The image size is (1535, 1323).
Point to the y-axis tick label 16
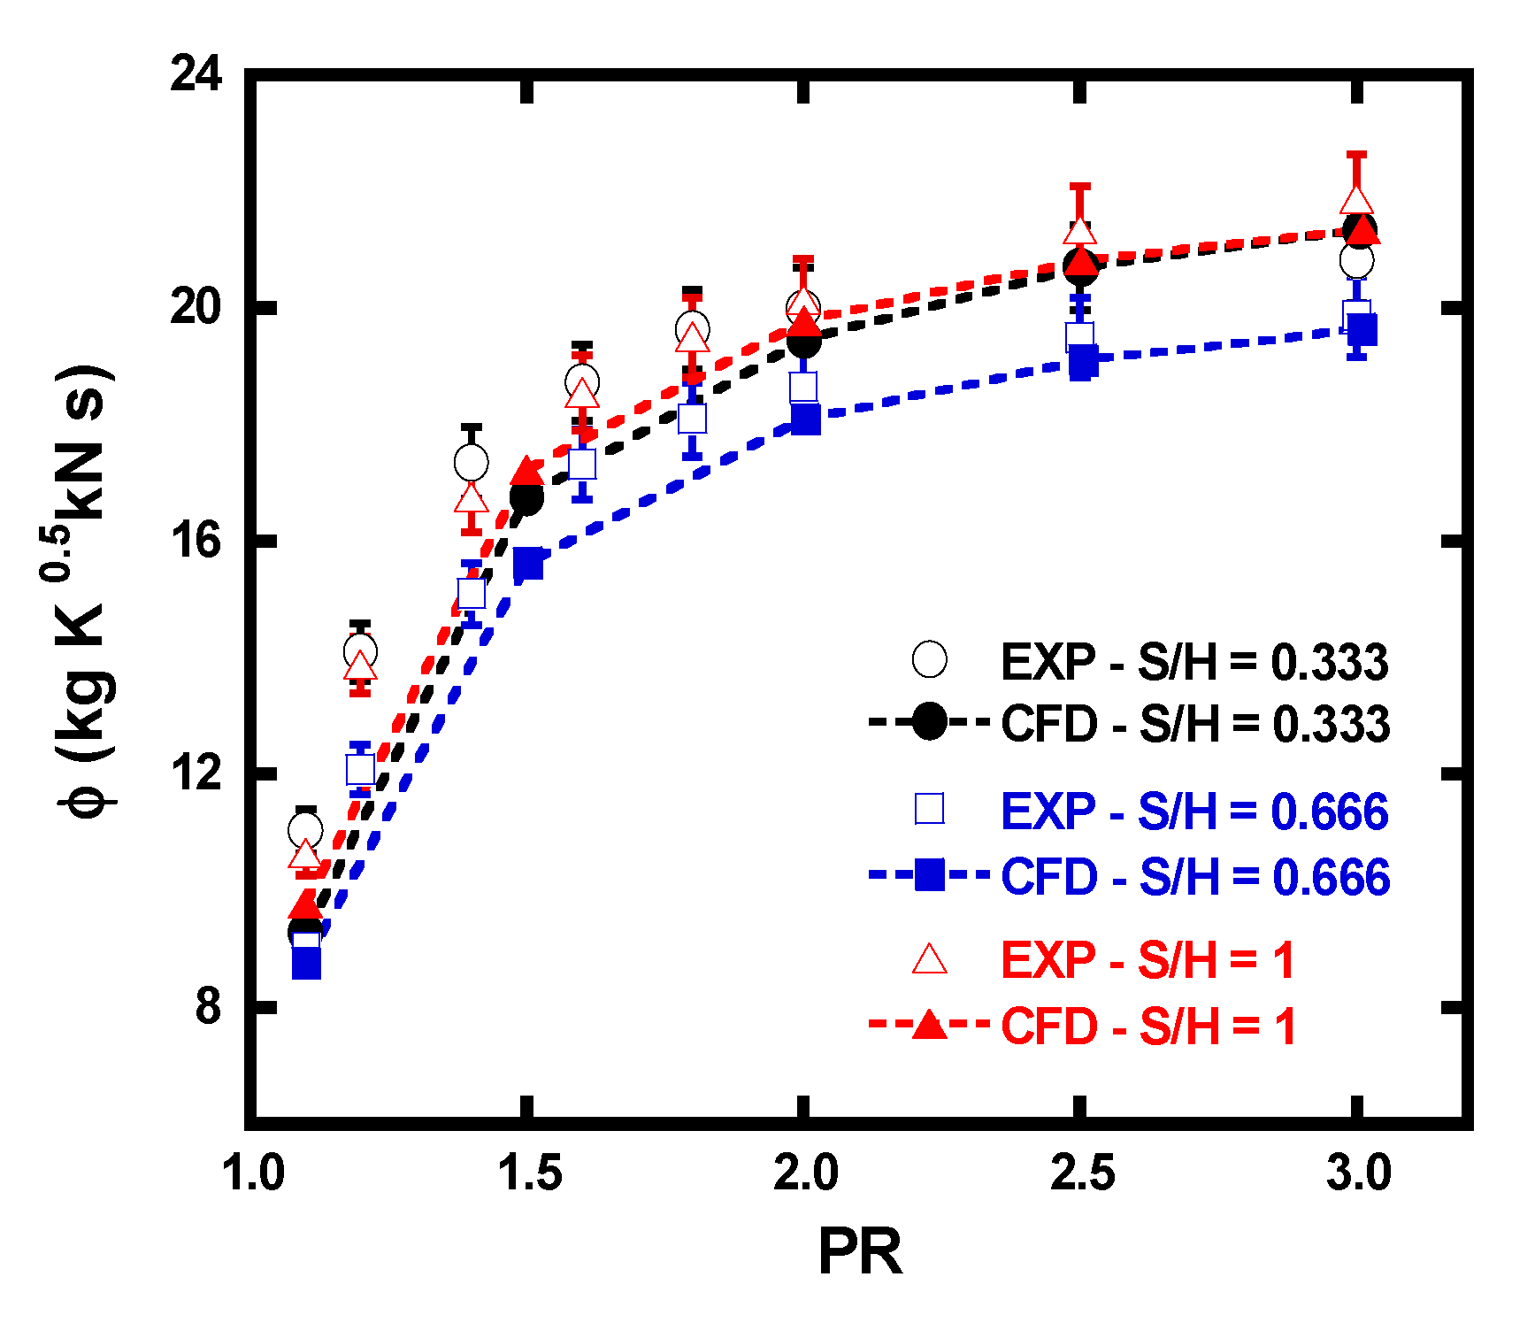(x=196, y=540)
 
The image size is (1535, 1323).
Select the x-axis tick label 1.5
(x=529, y=1173)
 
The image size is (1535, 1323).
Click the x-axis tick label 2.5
(x=1082, y=1173)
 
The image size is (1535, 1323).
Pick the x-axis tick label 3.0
(x=1359, y=1173)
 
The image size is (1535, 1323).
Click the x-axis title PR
(x=860, y=1252)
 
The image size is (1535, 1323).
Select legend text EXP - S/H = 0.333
(x=1193, y=662)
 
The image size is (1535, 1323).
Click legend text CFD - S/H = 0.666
(x=1194, y=877)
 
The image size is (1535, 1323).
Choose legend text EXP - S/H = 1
(x=1147, y=960)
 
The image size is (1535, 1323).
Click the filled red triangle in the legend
(x=929, y=1025)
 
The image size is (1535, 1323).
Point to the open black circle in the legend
(x=929, y=659)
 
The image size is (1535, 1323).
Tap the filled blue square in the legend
(x=929, y=875)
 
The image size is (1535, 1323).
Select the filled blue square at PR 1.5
(x=528, y=563)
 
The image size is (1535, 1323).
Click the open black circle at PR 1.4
(x=471, y=461)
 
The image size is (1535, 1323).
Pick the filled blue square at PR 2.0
(x=805, y=418)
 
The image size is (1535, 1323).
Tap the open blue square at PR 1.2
(x=360, y=769)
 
